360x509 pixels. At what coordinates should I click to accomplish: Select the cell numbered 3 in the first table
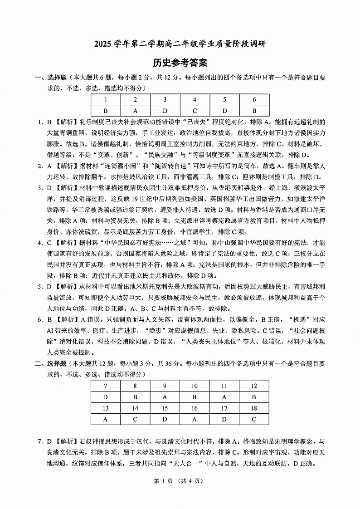165,99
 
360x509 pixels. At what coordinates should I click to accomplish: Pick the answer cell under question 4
195,110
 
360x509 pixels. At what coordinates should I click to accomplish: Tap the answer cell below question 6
254,110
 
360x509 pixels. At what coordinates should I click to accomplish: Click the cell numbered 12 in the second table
254,386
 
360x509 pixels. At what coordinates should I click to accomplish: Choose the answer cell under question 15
165,419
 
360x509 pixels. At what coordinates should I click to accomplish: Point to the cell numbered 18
254,408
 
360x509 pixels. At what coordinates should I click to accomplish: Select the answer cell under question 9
165,397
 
